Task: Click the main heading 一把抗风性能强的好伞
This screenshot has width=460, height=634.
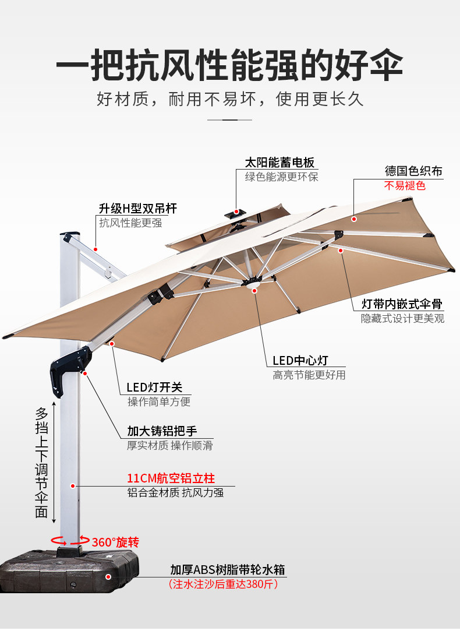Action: (229, 65)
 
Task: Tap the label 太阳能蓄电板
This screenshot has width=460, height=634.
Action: (279, 163)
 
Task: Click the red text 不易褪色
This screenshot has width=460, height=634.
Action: (405, 186)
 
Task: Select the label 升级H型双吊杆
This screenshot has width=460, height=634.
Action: (137, 208)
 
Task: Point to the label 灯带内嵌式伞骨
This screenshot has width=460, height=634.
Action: (402, 304)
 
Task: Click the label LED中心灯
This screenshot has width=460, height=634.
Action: (300, 361)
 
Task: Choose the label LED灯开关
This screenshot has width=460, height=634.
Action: (154, 387)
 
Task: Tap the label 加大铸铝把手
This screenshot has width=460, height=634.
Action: (162, 431)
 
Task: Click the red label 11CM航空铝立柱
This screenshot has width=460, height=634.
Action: (171, 478)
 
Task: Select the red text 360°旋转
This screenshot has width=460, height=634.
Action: (115, 542)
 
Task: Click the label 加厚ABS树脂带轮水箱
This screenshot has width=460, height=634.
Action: (227, 569)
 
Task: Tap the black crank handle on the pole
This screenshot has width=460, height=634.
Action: (69, 368)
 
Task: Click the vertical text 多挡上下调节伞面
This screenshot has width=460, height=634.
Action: (41, 463)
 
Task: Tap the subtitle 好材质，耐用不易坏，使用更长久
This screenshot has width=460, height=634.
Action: (229, 99)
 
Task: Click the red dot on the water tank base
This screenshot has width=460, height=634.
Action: (108, 576)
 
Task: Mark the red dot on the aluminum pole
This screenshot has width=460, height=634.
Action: (73, 485)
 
